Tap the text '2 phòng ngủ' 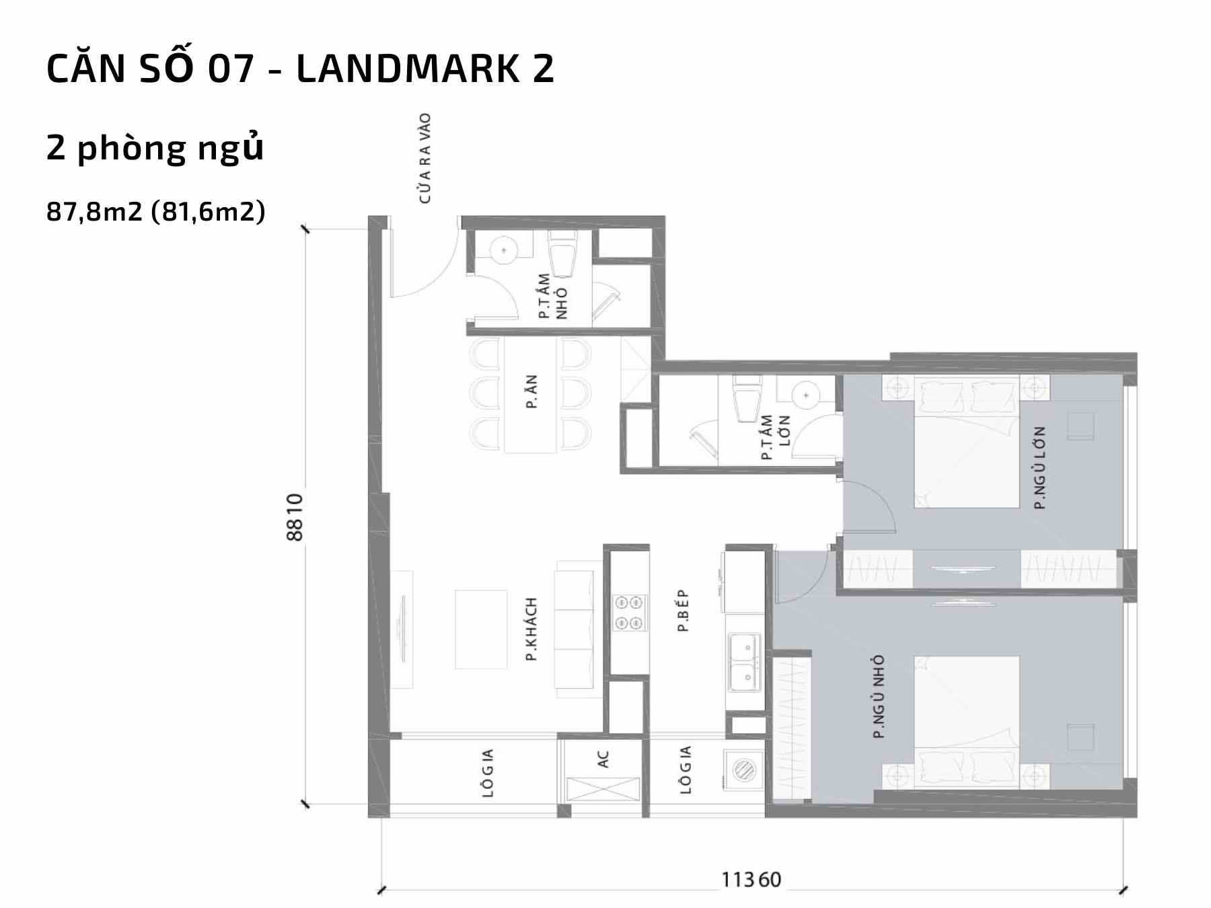155,149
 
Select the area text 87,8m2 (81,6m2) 156,212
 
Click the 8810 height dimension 295,517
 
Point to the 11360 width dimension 751,879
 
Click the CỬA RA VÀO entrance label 425,158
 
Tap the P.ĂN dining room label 531,393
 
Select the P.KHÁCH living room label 531,628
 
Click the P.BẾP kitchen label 684,611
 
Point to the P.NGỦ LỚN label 1040,467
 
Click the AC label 603,759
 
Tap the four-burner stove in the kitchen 630,613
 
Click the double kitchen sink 743,662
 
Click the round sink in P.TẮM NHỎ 503,251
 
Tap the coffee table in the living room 481,630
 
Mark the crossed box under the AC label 603,789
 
